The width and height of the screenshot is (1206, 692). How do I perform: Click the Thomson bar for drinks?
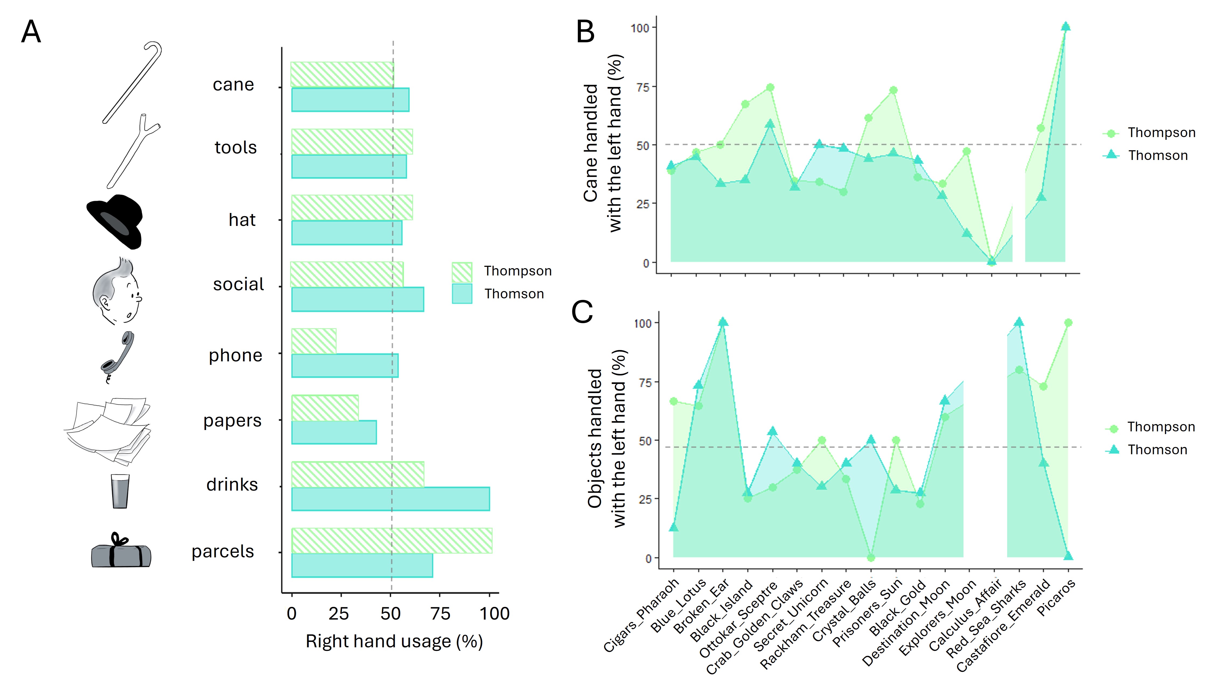[x=390, y=499]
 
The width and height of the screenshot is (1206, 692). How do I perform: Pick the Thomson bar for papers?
[x=334, y=432]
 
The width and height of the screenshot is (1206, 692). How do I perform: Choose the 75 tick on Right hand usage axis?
[x=440, y=614]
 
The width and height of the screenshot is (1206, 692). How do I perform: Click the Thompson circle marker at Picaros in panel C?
[x=1068, y=323]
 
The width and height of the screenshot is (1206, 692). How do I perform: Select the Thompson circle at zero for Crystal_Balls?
[x=871, y=557]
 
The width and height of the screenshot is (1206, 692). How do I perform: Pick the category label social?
[x=238, y=284]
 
